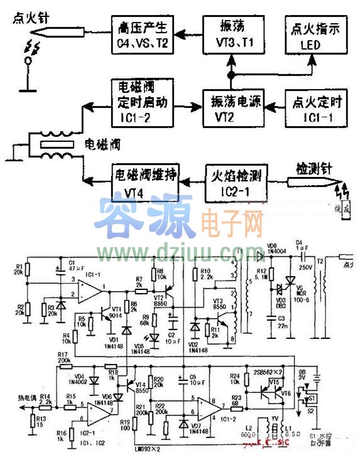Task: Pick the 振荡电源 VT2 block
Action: (231, 107)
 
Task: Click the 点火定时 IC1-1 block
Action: (314, 107)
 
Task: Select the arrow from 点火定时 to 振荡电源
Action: (273, 107)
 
